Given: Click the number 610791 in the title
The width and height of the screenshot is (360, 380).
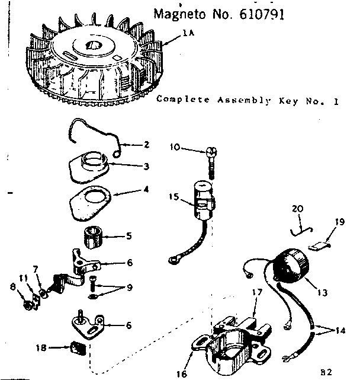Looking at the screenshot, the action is (262, 15).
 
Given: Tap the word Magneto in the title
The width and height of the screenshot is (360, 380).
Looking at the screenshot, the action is (179, 15).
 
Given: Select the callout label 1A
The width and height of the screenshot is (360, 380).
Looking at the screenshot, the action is (188, 33).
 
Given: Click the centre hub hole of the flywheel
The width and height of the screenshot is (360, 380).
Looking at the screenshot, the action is (93, 45).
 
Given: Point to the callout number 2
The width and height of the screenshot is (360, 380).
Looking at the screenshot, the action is (146, 145).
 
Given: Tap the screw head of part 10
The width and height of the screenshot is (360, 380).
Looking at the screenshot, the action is (211, 152).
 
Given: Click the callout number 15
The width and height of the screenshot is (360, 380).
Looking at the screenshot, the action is (174, 196).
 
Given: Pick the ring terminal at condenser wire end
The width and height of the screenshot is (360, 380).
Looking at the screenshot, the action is (174, 260).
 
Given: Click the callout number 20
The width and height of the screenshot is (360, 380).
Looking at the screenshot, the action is (298, 209).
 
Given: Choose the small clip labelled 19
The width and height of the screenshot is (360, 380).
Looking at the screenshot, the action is (319, 247).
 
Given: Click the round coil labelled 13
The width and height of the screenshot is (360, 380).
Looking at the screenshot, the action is (291, 266).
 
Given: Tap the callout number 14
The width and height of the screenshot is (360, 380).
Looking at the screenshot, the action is (340, 331).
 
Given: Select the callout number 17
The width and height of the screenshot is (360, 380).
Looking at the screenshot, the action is (257, 292).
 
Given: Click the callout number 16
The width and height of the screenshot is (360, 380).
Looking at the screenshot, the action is (182, 373).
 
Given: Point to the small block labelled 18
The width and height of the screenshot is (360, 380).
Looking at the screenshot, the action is (78, 348).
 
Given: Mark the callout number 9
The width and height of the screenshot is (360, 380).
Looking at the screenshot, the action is (130, 288).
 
